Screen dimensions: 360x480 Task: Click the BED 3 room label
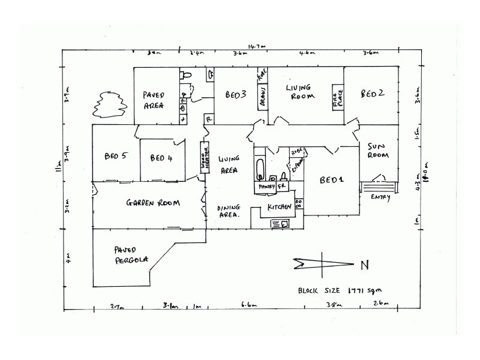236,95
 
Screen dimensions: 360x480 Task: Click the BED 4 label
161,158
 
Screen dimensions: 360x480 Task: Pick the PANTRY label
266,187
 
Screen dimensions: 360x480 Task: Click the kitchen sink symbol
280,223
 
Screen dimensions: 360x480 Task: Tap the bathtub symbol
260,169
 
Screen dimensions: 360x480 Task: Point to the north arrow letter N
364,265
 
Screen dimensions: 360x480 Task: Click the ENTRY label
380,197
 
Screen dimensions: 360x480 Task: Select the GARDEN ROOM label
153,203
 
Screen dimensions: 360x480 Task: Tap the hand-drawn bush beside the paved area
108,104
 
